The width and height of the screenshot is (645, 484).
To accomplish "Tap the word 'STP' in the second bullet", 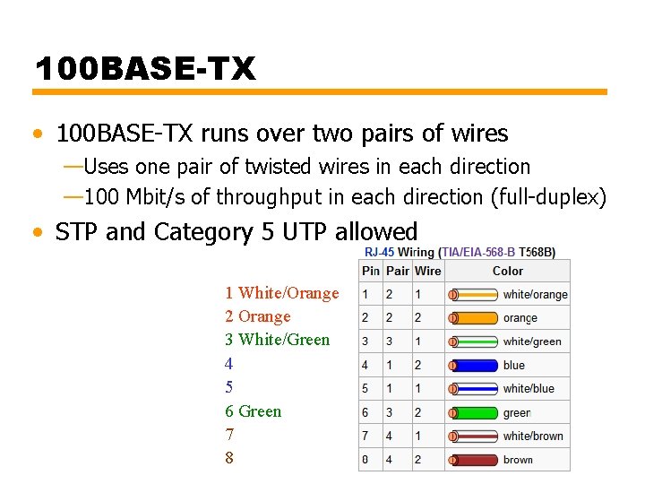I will point(77,232).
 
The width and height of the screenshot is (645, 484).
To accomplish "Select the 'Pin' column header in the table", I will point(370,271).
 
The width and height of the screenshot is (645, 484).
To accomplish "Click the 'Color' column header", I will point(507,271).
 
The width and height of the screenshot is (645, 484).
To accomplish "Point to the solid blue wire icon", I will point(473,365).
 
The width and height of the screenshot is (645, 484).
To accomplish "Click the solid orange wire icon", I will point(473,317).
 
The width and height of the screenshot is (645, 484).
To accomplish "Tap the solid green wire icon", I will point(473,412).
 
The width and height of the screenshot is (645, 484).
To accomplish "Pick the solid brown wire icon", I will point(473,459).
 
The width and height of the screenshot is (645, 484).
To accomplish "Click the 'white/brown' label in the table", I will point(533,436).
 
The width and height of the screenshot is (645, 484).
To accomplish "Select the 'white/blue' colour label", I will point(529,388).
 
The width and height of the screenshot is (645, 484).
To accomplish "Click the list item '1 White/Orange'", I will point(282,293).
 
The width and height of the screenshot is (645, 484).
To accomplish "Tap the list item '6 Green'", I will point(254,411).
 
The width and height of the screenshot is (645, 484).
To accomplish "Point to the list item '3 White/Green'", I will point(278,340).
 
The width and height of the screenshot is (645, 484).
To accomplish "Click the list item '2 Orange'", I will point(258,316).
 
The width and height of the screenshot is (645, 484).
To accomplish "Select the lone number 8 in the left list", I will point(229,458).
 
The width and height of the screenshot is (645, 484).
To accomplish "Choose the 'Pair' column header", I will point(398,271).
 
